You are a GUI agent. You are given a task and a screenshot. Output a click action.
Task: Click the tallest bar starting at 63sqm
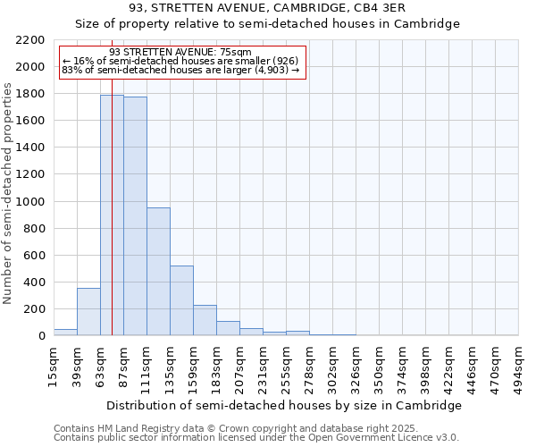(x=112, y=215)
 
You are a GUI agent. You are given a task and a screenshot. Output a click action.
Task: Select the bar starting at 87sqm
(x=135, y=215)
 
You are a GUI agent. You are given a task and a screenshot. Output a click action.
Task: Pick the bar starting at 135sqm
(x=181, y=300)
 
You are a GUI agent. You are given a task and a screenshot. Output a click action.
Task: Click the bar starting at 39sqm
(x=88, y=311)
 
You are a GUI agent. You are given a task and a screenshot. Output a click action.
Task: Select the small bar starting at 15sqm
(x=65, y=332)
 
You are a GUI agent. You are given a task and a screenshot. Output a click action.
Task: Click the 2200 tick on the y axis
(x=30, y=40)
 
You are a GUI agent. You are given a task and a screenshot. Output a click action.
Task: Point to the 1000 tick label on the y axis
(x=30, y=202)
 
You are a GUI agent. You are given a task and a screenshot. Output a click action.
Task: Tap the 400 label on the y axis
(x=34, y=283)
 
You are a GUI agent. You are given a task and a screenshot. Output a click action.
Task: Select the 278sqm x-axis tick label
(x=310, y=367)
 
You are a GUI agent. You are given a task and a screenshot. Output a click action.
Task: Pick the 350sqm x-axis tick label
(x=380, y=367)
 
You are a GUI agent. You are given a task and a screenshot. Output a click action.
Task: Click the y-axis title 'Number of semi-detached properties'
(x=8, y=193)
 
